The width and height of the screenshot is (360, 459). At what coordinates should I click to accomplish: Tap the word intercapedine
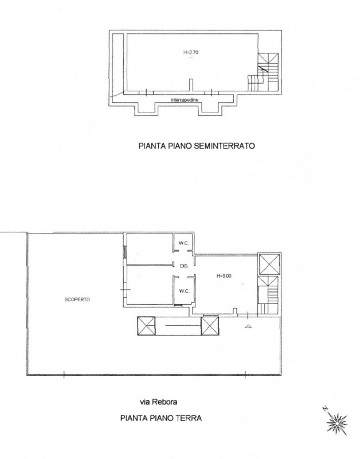(185, 100)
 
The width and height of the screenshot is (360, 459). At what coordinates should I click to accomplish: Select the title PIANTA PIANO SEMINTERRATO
(197, 146)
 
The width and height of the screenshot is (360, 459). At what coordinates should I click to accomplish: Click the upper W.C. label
(184, 243)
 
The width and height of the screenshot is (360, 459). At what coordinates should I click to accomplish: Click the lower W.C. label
(184, 291)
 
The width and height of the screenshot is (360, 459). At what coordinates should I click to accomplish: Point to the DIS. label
(184, 266)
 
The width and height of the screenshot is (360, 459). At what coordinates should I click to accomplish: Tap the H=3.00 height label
(224, 275)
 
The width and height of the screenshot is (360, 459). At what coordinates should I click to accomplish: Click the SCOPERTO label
(77, 299)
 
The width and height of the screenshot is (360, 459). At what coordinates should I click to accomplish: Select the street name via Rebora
(158, 402)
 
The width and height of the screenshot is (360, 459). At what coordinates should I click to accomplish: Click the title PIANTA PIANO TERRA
(161, 418)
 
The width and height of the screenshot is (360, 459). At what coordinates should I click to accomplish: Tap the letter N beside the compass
(324, 409)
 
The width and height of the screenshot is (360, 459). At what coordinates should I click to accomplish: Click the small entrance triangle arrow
(248, 326)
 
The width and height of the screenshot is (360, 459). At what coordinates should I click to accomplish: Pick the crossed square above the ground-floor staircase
(269, 264)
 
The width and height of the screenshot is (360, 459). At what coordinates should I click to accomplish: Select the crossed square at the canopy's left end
(146, 326)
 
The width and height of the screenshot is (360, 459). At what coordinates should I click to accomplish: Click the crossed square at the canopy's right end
(210, 326)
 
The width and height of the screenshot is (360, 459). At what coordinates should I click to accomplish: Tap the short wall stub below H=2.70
(191, 85)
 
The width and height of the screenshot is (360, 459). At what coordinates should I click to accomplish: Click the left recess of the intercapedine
(146, 109)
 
